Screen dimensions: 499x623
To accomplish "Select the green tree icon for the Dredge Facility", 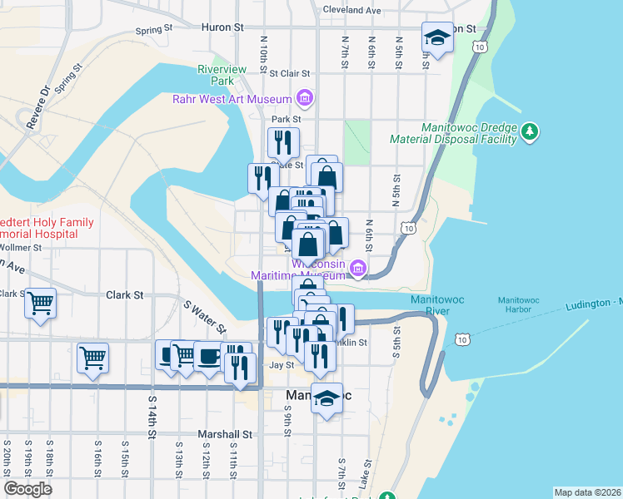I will [529, 131].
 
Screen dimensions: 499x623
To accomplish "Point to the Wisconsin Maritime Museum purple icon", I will [358, 268].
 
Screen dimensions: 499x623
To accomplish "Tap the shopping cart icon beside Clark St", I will [40, 304].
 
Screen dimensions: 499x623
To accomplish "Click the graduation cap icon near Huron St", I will [436, 37].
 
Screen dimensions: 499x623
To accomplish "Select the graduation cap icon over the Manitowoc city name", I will [327, 398].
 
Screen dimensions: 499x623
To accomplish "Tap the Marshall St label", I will [224, 434].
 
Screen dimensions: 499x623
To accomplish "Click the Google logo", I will [27, 488].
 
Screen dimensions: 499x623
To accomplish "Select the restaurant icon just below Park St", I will [283, 142].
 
